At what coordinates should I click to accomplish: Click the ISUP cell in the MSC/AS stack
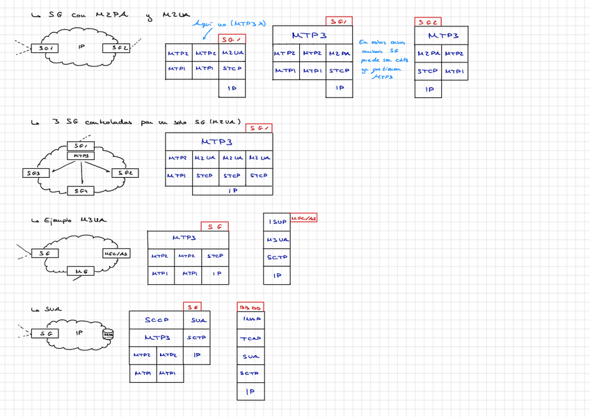[277, 222]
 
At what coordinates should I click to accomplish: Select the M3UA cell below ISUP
[277, 240]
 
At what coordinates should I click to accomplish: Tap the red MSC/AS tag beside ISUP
[303, 218]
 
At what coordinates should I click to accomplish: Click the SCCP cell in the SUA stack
[156, 320]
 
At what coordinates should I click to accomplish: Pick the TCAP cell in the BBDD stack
[250, 338]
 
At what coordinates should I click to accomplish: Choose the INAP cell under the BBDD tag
[250, 320]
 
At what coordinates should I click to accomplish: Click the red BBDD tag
[250, 306]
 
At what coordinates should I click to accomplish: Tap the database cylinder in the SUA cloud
[108, 335]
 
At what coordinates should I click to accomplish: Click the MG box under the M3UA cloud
[81, 272]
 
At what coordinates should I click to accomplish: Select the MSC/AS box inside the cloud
[115, 254]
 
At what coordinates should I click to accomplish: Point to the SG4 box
[81, 190]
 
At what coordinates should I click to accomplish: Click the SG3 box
[33, 173]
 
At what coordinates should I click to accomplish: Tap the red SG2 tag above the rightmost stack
[428, 22]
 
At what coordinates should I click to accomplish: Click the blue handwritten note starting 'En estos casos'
[383, 60]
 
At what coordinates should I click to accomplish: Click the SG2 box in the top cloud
[116, 48]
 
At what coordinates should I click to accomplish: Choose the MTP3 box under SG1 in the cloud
[81, 156]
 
